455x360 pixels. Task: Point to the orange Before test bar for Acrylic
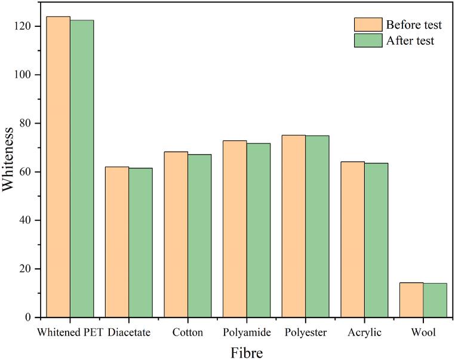352,239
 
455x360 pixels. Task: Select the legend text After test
410,41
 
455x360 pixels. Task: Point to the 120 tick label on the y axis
24,27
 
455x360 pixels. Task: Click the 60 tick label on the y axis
27,172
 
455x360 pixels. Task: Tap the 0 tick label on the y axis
30,318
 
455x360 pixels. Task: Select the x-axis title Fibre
246,352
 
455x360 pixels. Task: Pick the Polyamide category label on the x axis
246,332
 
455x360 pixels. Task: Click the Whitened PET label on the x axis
70,332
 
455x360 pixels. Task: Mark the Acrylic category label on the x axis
364,332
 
